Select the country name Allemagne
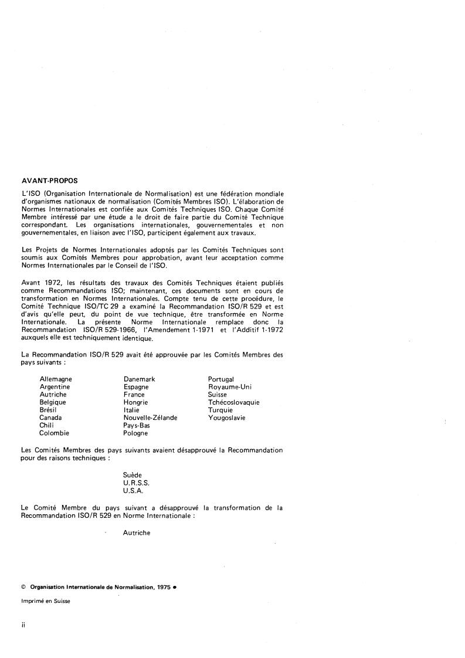(x=56, y=379)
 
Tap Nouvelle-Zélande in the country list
(x=150, y=418)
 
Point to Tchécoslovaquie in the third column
(x=233, y=403)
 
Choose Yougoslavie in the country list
(x=227, y=418)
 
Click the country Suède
(x=133, y=474)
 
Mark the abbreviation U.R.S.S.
(x=136, y=482)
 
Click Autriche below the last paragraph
(x=137, y=533)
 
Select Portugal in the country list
(x=221, y=379)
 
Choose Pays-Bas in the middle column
(x=136, y=426)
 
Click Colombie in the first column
(x=54, y=433)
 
